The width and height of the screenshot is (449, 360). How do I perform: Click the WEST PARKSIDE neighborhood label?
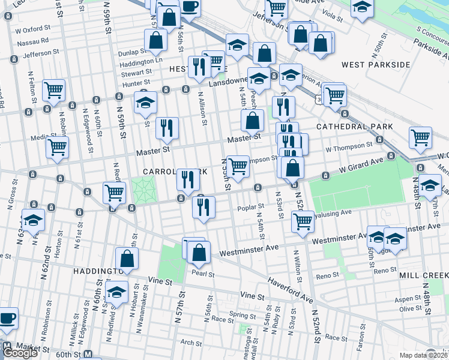tap(375, 64)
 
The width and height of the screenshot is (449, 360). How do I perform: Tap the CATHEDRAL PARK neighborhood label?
tap(354, 127)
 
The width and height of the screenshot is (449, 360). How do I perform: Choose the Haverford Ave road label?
tap(291, 281)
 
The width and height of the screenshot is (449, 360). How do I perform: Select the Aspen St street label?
tap(408, 298)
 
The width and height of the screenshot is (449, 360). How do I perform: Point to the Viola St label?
tap(332, 19)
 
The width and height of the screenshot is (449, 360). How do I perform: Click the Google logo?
tap(19, 353)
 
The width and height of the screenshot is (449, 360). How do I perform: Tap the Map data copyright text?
tap(423, 355)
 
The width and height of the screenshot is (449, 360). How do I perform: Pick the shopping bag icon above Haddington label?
tap(127, 259)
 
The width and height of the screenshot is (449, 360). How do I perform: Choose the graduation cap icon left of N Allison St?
tap(145, 103)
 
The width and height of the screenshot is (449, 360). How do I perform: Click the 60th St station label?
tap(67, 354)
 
